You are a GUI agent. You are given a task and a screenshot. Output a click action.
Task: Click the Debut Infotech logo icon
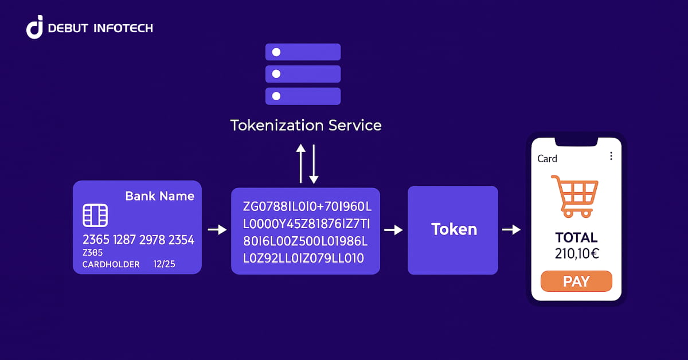35,27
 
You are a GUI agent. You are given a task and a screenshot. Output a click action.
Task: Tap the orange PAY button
576,281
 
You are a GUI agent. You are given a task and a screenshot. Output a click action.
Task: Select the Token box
453,230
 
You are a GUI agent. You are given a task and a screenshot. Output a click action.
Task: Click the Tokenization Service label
306,125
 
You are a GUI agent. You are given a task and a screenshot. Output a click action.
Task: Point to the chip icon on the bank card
95,216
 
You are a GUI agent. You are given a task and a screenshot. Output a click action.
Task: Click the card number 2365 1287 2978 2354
138,240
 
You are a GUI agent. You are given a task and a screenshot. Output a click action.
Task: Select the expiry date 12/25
164,264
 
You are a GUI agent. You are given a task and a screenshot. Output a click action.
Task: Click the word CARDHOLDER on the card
111,264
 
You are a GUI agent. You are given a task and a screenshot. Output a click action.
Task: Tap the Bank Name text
159,196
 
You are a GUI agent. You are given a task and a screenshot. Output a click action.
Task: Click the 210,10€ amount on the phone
577,253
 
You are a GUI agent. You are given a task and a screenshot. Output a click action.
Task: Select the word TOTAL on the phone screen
577,237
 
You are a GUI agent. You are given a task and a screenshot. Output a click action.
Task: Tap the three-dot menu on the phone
611,156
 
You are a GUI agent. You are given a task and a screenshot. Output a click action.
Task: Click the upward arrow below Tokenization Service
300,163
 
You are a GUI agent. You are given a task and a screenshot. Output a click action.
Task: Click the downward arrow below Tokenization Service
314,163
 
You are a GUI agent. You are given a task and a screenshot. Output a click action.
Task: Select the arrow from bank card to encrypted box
217,230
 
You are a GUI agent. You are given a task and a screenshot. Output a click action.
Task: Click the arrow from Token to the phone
511,230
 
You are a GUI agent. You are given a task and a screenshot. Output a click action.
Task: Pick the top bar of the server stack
303,52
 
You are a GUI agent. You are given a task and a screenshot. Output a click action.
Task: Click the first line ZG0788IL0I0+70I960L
307,206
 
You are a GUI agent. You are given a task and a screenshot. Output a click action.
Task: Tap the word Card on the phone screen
547,159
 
